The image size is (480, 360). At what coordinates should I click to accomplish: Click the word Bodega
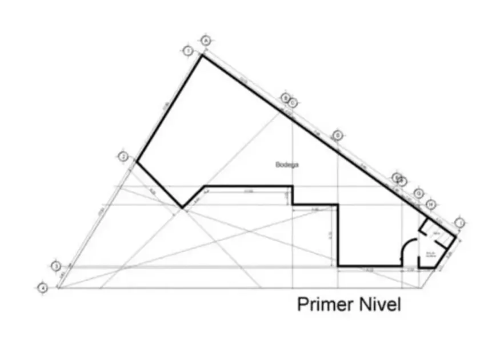click(x=287, y=165)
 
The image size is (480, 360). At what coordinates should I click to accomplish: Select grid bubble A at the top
click(x=206, y=40)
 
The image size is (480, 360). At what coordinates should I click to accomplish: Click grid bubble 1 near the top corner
click(x=188, y=51)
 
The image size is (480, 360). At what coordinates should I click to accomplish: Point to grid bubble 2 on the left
click(x=123, y=157)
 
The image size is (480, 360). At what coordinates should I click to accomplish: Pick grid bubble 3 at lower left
click(x=56, y=266)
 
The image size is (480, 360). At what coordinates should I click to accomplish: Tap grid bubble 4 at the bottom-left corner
click(x=42, y=288)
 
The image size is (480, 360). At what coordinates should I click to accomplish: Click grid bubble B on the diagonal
click(x=285, y=98)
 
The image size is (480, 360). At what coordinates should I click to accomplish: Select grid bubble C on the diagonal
click(x=292, y=103)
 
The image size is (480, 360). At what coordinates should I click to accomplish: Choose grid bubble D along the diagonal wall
click(x=338, y=135)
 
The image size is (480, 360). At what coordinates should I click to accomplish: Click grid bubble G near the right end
click(x=419, y=193)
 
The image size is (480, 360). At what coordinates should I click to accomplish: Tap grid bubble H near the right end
click(x=431, y=204)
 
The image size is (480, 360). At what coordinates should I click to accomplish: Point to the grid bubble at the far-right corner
click(x=461, y=222)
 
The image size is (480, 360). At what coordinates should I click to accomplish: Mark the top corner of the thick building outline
click(x=201, y=55)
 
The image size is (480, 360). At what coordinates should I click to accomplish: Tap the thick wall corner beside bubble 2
click(x=136, y=161)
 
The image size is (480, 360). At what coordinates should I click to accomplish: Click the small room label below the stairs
click(x=431, y=255)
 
